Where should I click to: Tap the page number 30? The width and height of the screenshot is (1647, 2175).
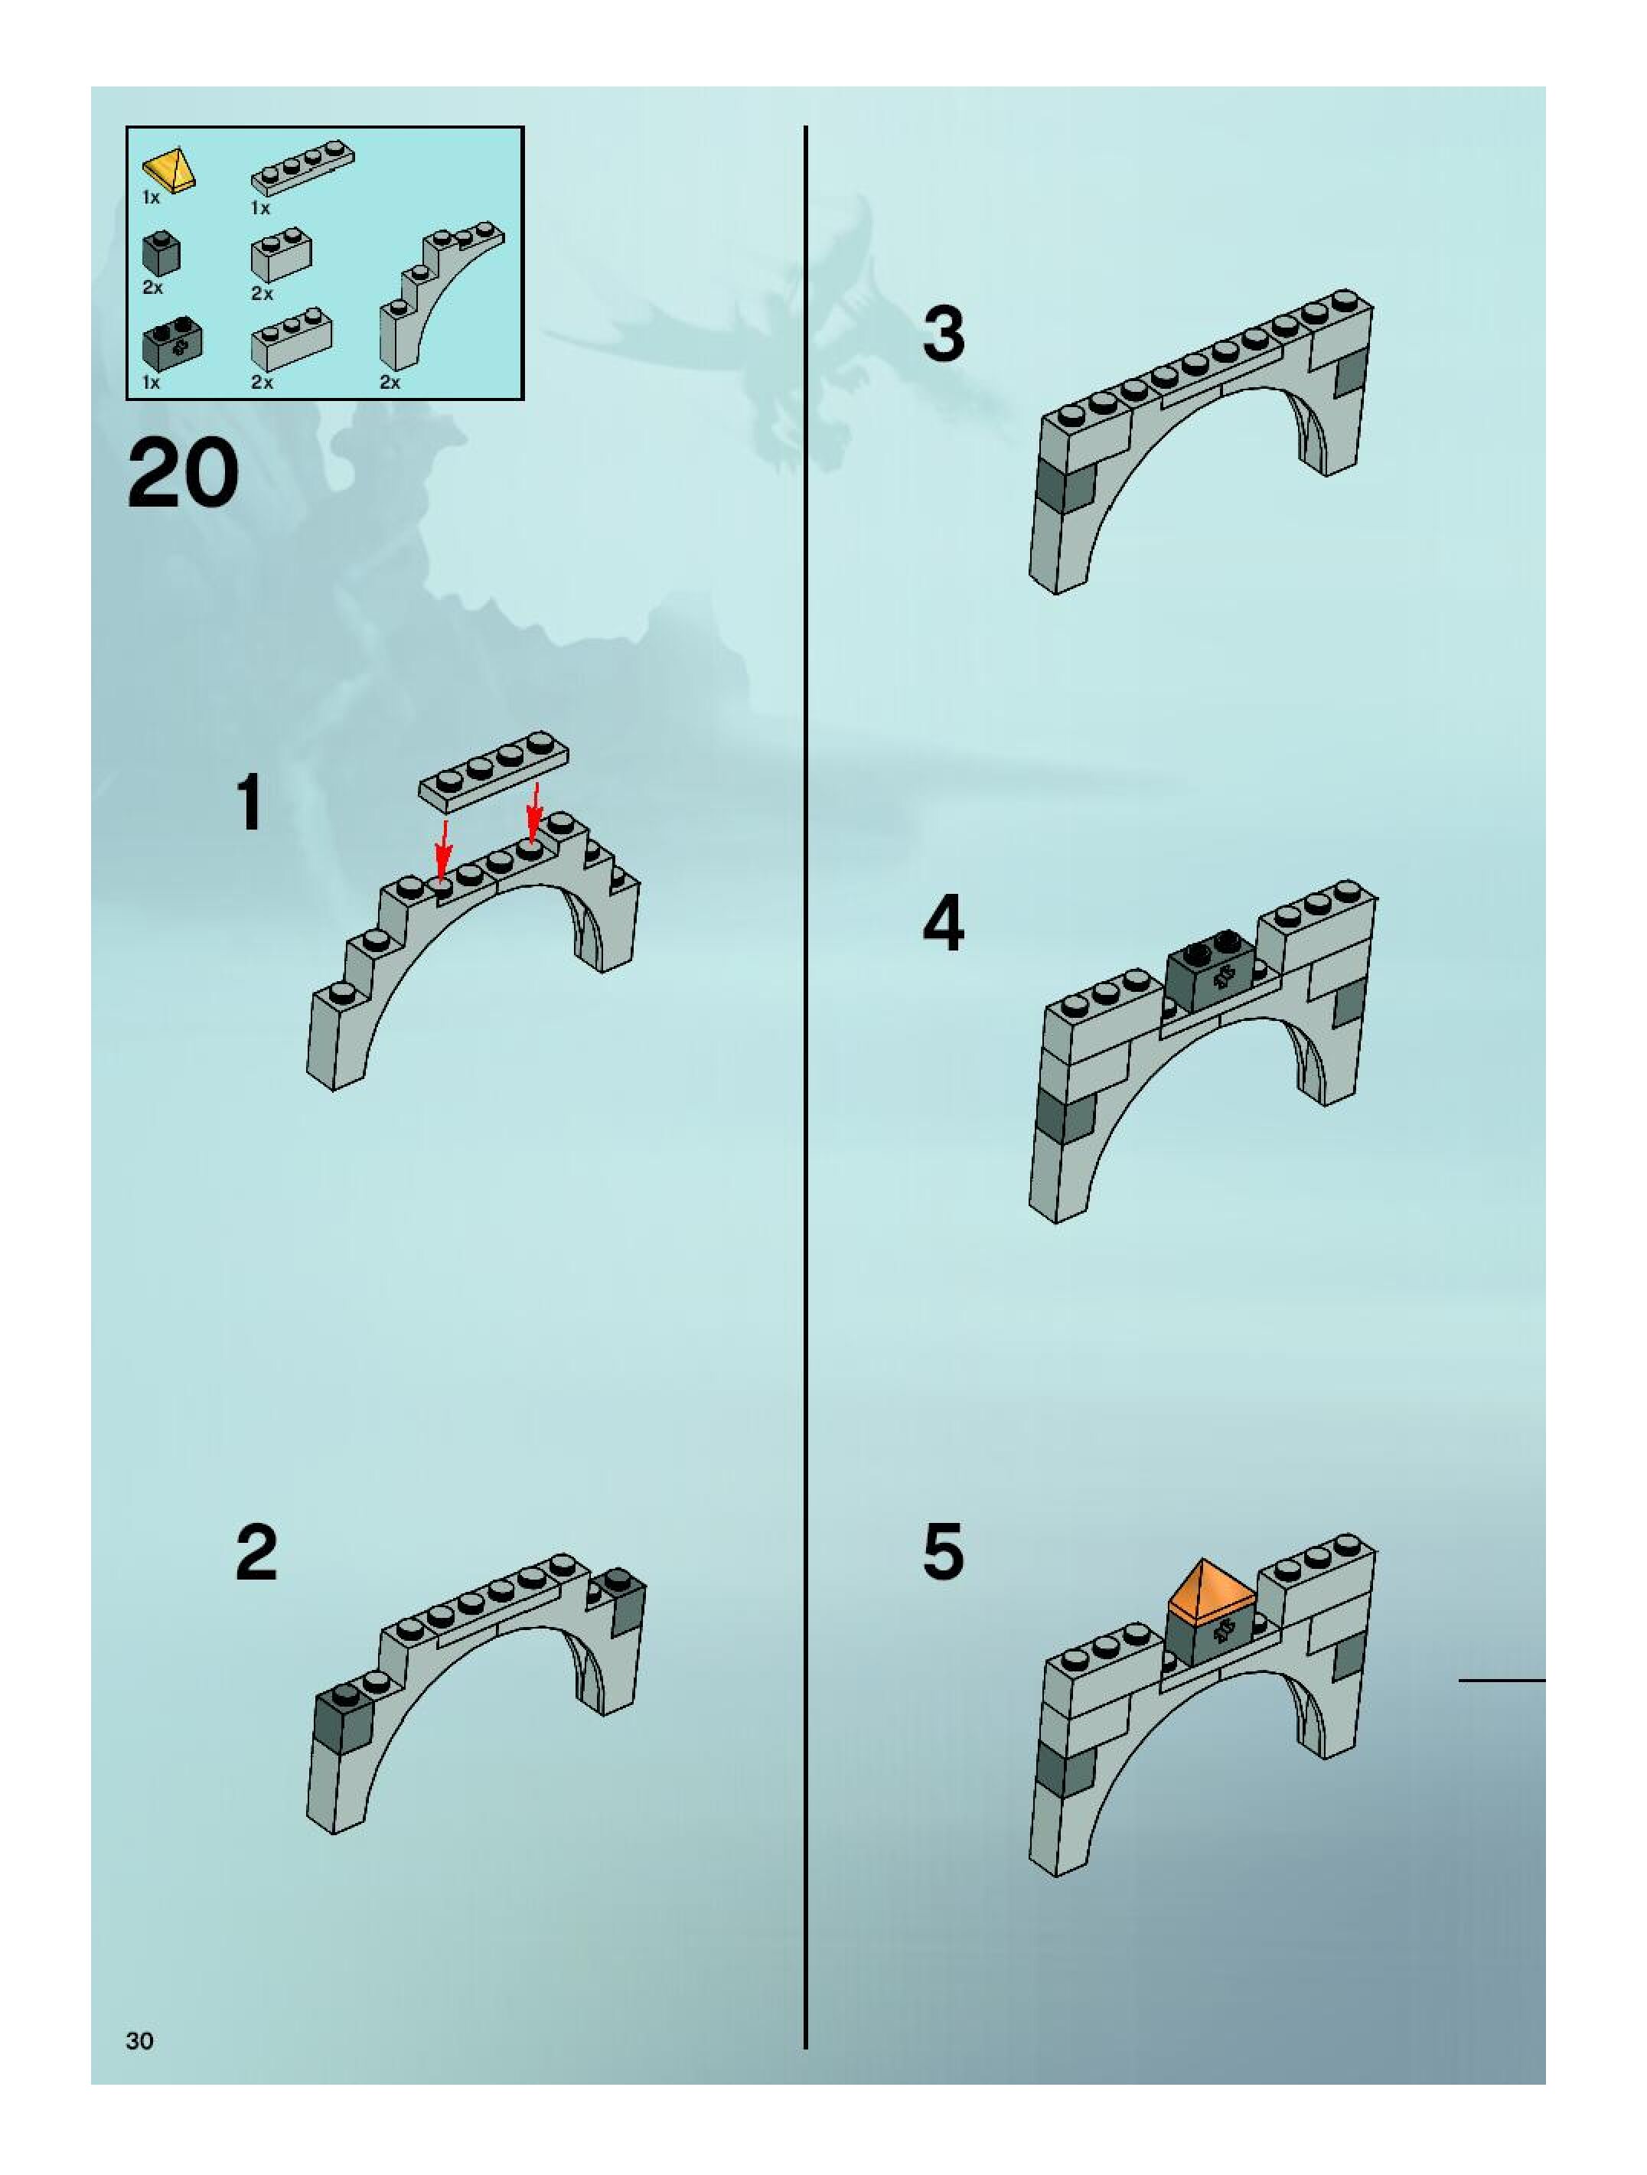tap(139, 2040)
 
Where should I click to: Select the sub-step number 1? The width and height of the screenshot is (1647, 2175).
tap(249, 802)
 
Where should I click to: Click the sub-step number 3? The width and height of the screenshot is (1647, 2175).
tap(944, 334)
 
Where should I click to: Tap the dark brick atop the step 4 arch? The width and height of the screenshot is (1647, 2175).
tap(1211, 966)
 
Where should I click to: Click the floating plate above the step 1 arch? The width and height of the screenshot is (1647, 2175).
tap(494, 770)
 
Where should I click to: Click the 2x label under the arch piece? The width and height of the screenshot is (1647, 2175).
tap(390, 383)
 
